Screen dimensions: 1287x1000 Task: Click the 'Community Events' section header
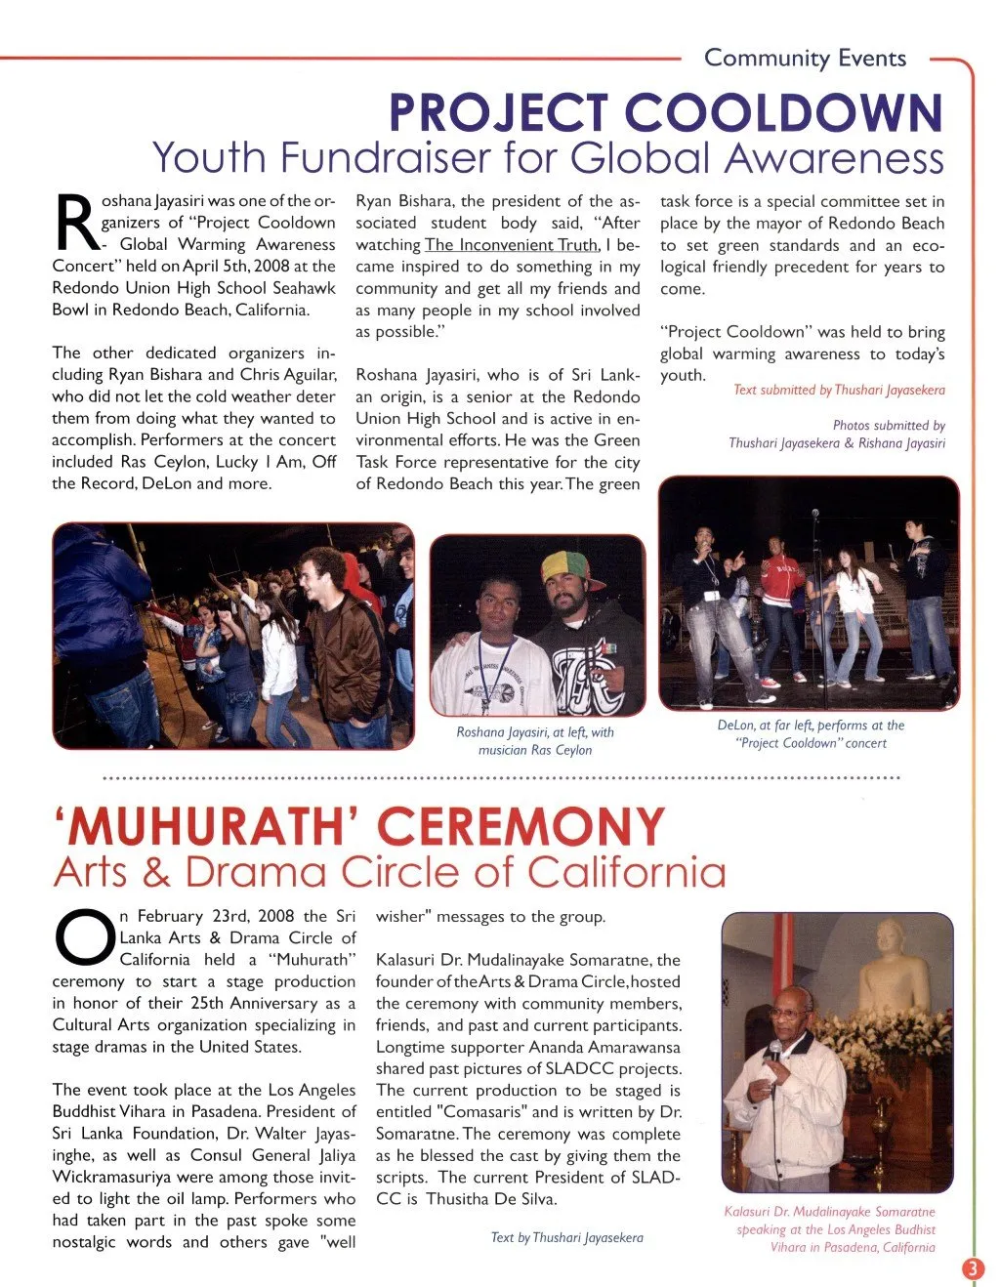(805, 59)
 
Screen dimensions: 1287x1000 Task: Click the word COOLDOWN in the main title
(783, 113)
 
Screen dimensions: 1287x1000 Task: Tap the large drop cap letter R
(74, 223)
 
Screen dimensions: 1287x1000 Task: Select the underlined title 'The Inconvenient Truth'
(512, 245)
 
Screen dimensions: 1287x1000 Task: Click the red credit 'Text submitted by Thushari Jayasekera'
(839, 391)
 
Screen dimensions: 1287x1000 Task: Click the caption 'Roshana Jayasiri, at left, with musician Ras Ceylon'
(535, 741)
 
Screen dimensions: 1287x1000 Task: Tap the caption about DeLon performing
(811, 734)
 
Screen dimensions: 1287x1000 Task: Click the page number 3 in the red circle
(974, 1268)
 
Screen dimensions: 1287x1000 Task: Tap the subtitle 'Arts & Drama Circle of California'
(390, 872)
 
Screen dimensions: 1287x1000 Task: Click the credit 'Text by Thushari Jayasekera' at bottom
(566, 1237)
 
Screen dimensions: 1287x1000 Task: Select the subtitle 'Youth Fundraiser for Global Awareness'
(548, 157)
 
